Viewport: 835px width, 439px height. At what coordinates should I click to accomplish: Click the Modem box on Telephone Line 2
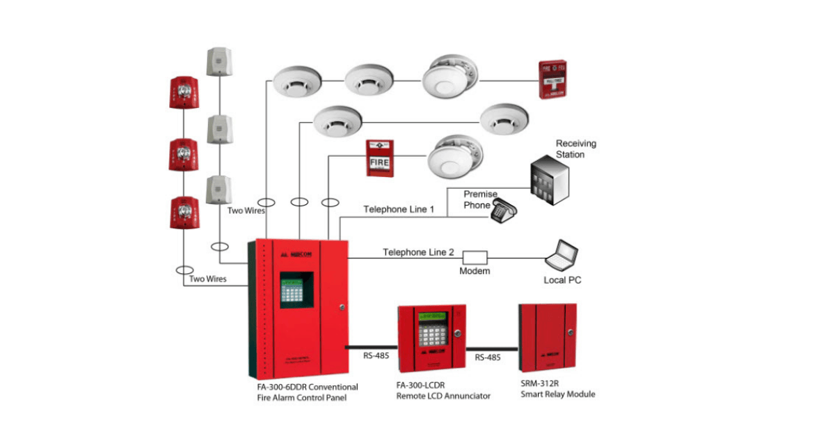475,257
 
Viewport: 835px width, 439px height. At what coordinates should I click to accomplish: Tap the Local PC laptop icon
562,256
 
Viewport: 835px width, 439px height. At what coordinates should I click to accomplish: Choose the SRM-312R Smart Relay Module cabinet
547,340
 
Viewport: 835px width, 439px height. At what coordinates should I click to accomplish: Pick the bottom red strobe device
184,212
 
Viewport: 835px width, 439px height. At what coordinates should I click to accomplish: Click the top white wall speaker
218,61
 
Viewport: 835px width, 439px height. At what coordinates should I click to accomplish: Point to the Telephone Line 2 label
418,252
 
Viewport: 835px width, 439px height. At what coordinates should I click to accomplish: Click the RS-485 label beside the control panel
376,356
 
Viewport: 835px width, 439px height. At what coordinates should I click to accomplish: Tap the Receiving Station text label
575,148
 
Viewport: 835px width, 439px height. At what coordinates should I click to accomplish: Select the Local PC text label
562,281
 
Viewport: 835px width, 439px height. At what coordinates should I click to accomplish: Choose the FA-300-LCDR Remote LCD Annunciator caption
443,390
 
